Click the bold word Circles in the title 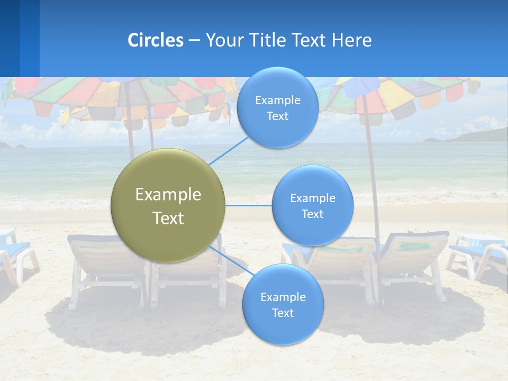(155, 40)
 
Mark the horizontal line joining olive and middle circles (248, 205)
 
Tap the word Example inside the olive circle (168, 195)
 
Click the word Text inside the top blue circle (277, 116)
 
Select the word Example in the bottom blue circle (283, 297)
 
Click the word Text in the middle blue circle (312, 214)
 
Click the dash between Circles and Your (194, 41)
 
